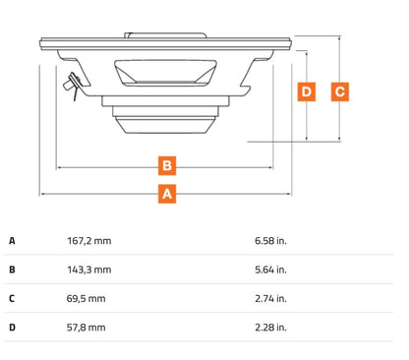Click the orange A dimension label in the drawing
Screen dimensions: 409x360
pos(167,194)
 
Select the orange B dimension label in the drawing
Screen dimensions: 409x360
pos(167,165)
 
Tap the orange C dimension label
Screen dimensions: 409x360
pos(340,91)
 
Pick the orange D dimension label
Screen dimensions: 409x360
pos(307,91)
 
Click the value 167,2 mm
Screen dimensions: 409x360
pos(89,241)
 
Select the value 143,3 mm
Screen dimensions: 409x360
pos(89,270)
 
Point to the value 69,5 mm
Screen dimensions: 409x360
pos(87,299)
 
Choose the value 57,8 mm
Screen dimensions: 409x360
pos(87,328)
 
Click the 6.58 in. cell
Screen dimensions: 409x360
pos(270,241)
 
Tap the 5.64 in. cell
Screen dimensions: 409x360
pos(270,270)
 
